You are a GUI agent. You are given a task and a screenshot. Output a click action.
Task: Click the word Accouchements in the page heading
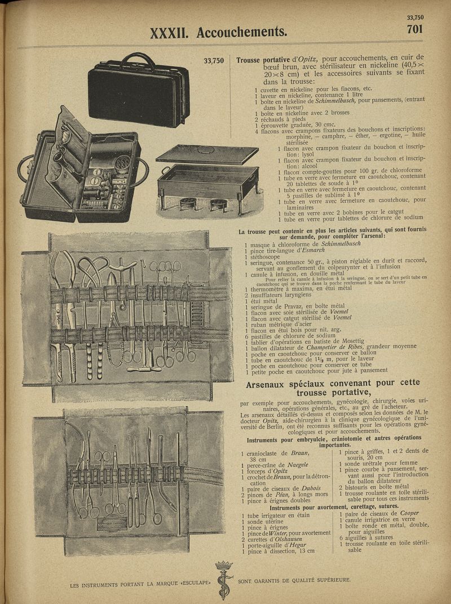(241, 32)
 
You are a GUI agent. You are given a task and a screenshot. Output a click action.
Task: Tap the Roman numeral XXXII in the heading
(171, 33)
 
